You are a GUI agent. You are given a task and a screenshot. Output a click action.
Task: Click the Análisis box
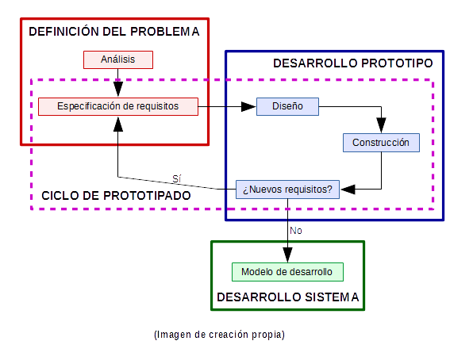118,59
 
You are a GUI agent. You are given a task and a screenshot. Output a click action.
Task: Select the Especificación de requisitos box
118,106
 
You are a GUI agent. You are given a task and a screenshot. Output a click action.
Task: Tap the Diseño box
287,106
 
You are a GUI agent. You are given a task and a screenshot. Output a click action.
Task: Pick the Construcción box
381,143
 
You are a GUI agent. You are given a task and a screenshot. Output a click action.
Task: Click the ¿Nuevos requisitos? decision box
287,190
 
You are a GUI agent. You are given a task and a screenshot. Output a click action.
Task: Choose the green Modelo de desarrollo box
287,272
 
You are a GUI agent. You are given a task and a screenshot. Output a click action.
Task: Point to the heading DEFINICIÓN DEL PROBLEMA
114,31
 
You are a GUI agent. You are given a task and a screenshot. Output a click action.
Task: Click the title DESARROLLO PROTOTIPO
352,63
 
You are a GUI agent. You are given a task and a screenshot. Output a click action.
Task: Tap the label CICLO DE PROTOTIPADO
116,196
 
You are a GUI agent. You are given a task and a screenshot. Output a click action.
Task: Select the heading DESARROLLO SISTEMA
288,297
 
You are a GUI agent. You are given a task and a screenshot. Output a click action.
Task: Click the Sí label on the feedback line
176,178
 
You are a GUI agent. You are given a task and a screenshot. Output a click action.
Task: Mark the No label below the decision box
296,231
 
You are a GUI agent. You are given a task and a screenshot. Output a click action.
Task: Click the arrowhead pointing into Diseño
248,106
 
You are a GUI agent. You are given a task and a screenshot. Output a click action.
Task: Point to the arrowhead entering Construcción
381,125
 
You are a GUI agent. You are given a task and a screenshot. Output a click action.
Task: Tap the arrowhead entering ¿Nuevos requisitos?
348,190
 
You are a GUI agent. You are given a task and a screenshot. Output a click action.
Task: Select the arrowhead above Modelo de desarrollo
287,255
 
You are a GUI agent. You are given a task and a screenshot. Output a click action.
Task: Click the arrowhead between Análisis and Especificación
118,90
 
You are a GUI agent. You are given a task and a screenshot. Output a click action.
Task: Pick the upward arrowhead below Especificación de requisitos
118,124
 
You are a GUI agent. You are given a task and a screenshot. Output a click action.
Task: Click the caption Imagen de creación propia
219,335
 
